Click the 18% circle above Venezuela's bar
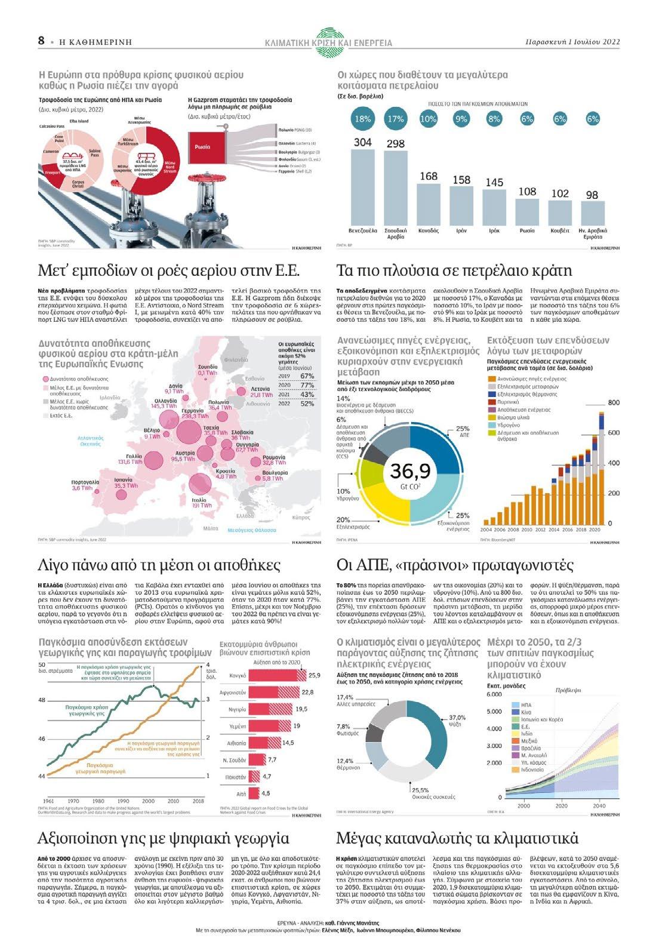(363, 119)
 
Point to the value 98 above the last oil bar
(592, 195)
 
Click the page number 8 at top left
(41, 41)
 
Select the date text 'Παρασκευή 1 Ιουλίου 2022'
(572, 42)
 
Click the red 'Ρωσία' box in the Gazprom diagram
(203, 146)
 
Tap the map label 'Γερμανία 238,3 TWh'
(193, 414)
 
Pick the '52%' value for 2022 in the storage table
(307, 404)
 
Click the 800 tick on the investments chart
(614, 403)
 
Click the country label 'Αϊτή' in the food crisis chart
(241, 794)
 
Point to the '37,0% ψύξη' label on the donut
(457, 720)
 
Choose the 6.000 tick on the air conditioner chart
(494, 694)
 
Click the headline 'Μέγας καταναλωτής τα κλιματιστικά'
(457, 838)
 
